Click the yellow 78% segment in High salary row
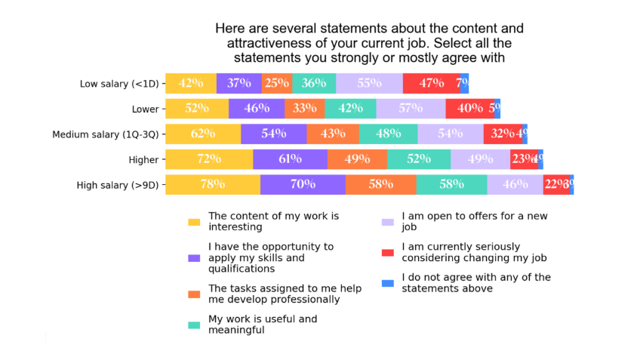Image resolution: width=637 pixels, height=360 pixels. [213, 184]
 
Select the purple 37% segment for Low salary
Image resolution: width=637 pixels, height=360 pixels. [239, 83]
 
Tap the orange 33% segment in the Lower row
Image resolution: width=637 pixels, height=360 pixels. [305, 109]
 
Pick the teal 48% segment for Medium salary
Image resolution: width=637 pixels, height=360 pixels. [388, 134]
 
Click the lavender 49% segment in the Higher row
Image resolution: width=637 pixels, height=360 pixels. [480, 159]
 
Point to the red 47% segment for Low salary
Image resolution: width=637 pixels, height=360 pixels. [432, 83]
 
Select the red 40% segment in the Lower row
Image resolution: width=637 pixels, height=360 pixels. [470, 109]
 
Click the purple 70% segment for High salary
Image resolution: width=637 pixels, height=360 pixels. [303, 184]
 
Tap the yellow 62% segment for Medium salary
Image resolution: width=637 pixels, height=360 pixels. [203, 134]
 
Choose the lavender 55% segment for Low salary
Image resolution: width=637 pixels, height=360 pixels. [369, 83]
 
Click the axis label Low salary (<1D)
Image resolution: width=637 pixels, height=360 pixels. [119, 84]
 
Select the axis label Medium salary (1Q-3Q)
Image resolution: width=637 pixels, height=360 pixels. [106, 134]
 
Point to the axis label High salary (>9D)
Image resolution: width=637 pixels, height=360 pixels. [118, 185]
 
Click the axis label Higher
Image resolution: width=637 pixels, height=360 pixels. [143, 159]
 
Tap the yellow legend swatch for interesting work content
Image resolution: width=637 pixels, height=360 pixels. [195, 222]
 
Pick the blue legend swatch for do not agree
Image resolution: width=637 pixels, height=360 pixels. [388, 283]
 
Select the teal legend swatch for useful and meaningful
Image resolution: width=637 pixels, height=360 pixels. [195, 325]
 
